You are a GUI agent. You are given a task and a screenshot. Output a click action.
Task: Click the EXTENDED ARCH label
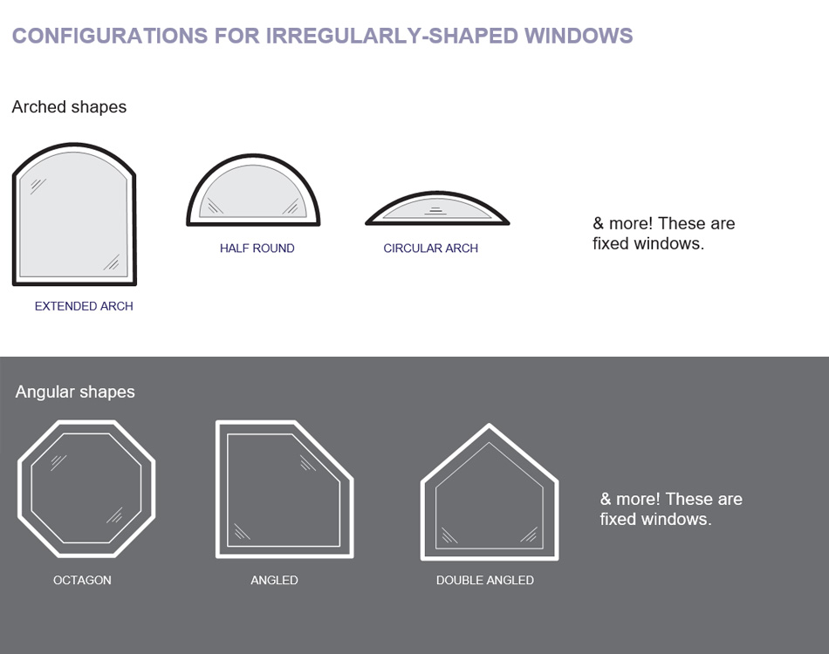(84, 306)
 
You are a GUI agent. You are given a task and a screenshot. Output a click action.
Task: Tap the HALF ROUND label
(257, 249)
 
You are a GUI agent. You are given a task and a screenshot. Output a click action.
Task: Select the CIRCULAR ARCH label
(430, 249)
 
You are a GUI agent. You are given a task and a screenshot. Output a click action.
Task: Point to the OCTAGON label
(82, 580)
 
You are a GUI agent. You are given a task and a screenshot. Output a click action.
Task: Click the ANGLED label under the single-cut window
(274, 580)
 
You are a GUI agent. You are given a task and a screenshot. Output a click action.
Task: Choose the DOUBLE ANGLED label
(484, 580)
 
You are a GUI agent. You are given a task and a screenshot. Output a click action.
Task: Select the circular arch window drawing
(436, 209)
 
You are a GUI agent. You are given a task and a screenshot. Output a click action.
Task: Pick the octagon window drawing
(86, 488)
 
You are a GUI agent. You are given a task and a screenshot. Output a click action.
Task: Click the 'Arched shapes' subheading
(69, 107)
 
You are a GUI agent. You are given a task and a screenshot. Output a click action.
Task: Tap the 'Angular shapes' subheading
(75, 392)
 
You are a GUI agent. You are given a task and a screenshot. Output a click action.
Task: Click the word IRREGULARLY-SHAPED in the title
(391, 36)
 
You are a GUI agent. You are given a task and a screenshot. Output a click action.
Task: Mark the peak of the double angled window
(490, 428)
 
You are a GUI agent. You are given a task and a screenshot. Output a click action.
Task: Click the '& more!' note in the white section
(663, 233)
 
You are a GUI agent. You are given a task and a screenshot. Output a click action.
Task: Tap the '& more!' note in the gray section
(670, 508)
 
